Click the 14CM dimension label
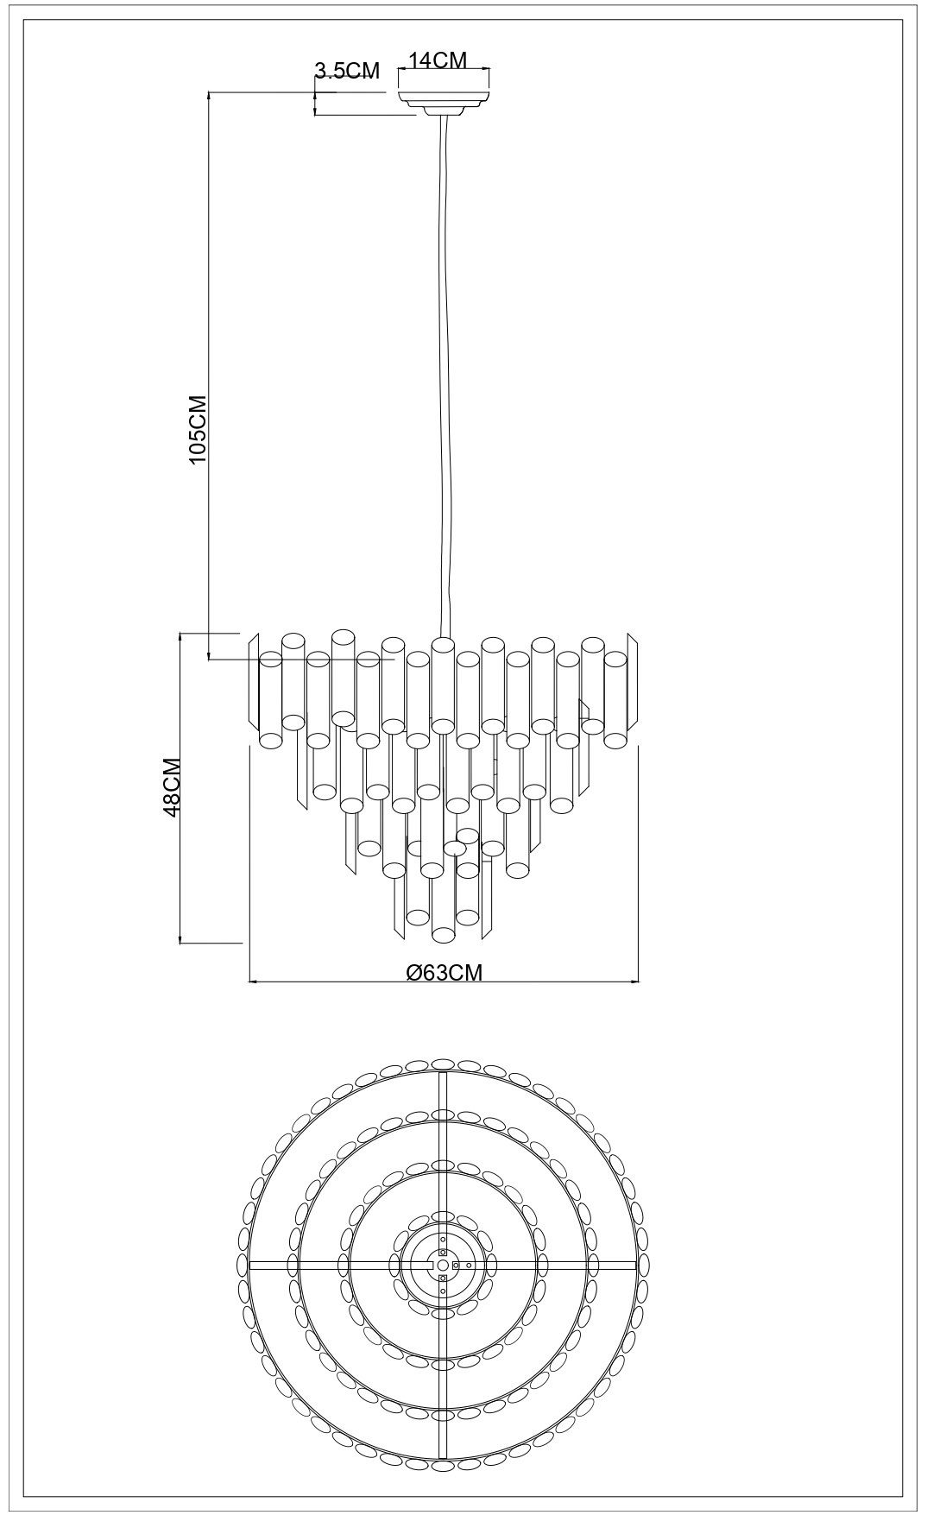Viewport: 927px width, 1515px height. (438, 60)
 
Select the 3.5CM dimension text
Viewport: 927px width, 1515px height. (347, 71)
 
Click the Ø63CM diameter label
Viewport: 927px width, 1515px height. (444, 972)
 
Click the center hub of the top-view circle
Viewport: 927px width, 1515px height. (443, 1265)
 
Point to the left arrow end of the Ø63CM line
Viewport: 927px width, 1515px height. (249, 982)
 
